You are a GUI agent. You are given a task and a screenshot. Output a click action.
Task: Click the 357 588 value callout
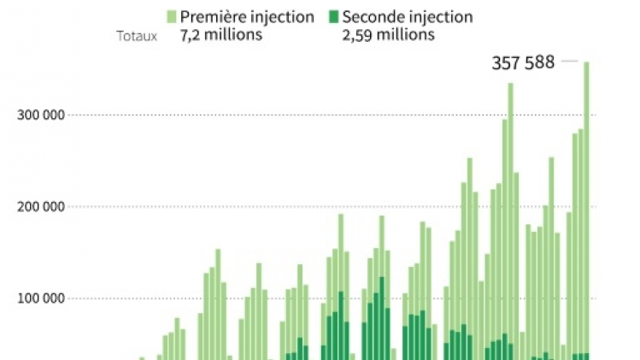[x=523, y=62]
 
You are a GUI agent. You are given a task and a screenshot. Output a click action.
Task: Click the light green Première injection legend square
[x=171, y=16]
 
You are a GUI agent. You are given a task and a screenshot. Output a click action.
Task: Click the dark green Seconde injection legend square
[x=334, y=16]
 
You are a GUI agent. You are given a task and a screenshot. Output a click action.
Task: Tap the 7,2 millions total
[x=220, y=35]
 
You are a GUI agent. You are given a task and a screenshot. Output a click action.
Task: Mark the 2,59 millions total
[x=389, y=35]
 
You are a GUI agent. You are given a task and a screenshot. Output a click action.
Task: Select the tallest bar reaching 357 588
[x=586, y=205]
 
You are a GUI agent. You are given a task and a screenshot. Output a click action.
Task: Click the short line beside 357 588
[x=569, y=61]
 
